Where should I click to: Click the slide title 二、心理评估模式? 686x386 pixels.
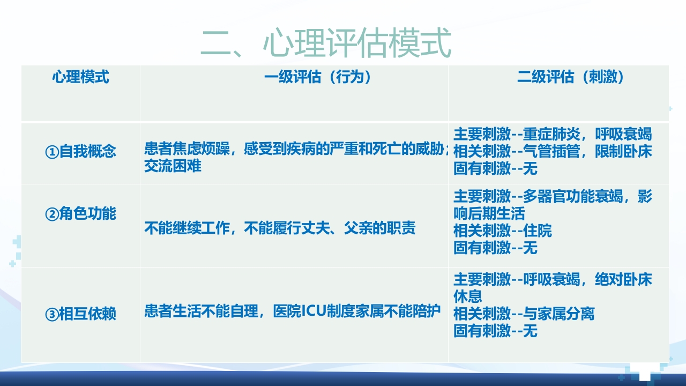point(326,44)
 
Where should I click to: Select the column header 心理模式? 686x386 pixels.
point(80,77)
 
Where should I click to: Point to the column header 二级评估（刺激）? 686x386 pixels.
point(571,77)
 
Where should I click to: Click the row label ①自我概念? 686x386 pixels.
point(80,152)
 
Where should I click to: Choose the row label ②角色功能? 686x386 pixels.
point(80,214)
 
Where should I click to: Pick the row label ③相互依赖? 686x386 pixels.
point(80,314)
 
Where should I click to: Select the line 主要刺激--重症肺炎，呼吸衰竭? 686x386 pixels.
point(553,134)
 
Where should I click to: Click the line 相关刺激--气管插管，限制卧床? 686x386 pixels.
point(553,152)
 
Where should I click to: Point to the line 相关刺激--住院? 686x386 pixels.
point(502,231)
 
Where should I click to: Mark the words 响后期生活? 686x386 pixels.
point(489,213)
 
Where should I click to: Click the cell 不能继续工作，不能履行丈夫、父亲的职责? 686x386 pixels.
point(280,228)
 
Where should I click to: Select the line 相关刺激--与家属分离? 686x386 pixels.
point(524,314)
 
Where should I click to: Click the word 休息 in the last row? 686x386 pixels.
point(468,296)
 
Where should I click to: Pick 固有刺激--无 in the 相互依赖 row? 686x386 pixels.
point(495,331)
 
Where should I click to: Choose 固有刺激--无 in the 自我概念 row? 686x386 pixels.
point(495,169)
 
